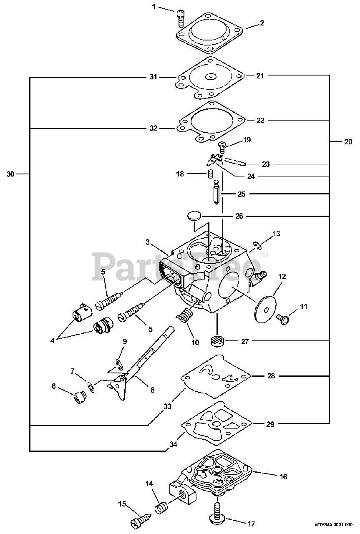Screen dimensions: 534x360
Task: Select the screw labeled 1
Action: tap(181, 16)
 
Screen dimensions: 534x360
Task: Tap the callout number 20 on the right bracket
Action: tap(348, 142)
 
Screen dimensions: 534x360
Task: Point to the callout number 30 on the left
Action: tap(10, 174)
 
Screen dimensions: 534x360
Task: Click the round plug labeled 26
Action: tap(193, 216)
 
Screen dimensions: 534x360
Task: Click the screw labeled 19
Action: tap(222, 146)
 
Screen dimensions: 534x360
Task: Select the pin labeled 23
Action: tap(235, 161)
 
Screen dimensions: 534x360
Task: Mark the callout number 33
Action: tap(168, 406)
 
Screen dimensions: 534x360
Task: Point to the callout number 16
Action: tap(283, 476)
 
